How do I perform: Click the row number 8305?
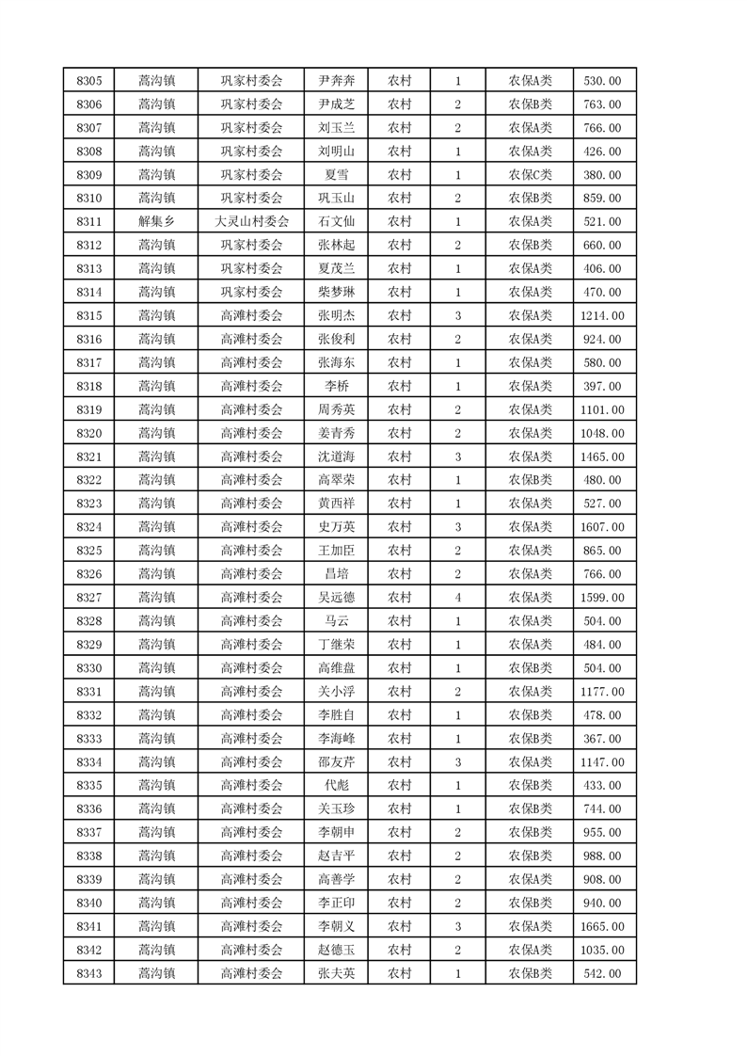tap(88, 81)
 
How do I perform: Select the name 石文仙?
tap(336, 222)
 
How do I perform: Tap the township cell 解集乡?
tap(155, 222)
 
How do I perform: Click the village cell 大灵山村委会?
tap(251, 222)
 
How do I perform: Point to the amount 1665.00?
tap(602, 926)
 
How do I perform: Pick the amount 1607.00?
tap(602, 527)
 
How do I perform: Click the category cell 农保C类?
tap(531, 175)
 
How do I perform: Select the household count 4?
tap(457, 598)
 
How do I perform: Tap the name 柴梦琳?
tap(336, 293)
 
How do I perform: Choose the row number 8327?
tap(88, 598)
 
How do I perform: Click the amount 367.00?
tap(602, 739)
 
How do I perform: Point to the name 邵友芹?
tap(336, 762)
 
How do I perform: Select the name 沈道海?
tap(336, 456)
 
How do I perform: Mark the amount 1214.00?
tap(602, 316)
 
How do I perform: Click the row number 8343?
tap(88, 973)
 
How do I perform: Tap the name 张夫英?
tap(336, 973)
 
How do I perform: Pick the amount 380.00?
tap(602, 175)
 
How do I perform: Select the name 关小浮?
tap(336, 692)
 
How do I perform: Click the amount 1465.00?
tap(602, 456)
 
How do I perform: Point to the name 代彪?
tap(336, 785)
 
